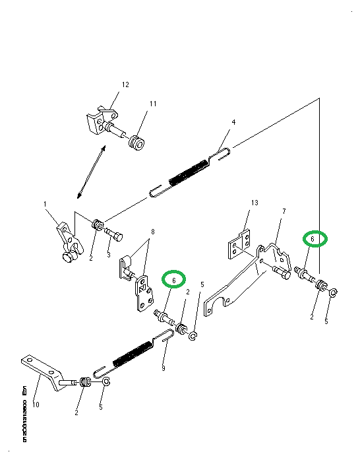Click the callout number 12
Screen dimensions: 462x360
125,84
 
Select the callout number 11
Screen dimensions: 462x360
152,104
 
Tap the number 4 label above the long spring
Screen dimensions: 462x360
233,122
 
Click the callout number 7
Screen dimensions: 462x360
284,211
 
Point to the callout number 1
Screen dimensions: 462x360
46,205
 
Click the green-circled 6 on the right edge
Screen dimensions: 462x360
315,239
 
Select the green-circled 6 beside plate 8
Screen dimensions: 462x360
174,280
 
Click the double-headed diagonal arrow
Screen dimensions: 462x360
91,172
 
